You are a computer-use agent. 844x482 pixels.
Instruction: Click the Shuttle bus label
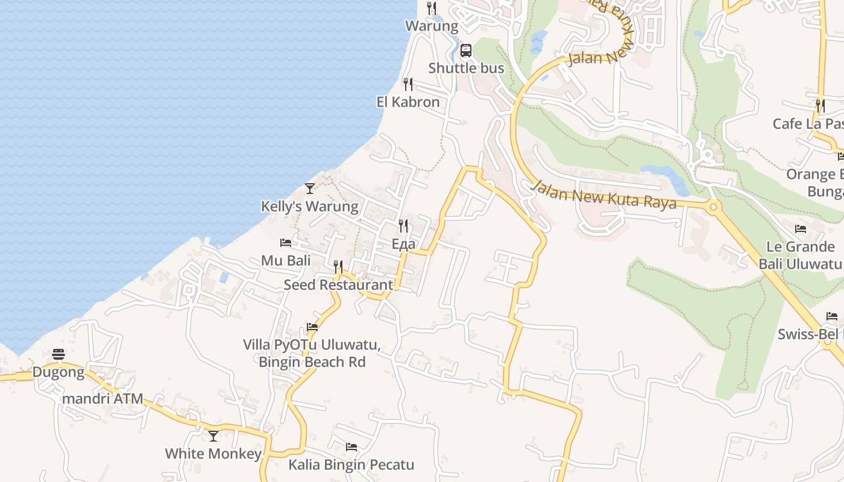coord(466,68)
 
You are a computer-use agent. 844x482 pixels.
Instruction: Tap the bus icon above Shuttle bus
coord(466,50)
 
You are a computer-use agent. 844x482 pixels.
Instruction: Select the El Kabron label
coord(408,102)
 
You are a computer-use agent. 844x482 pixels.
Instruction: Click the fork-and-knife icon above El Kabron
coord(408,84)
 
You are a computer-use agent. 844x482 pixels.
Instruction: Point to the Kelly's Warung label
coord(309,207)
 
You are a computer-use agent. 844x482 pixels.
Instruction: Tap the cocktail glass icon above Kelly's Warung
coord(310,188)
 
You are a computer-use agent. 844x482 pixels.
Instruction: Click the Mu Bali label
coord(286,261)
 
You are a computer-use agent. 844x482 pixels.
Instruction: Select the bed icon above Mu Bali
coord(286,243)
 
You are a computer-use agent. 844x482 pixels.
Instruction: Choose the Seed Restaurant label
coord(338,285)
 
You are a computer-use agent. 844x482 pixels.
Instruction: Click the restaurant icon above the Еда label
coord(403,226)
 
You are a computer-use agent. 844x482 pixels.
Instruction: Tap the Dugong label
coord(58,372)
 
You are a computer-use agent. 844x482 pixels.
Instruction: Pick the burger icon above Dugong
coord(58,354)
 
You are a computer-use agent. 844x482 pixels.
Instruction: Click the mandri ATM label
coord(102,398)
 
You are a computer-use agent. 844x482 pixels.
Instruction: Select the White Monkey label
coord(213,454)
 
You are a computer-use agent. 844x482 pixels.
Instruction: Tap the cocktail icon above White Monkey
coord(213,436)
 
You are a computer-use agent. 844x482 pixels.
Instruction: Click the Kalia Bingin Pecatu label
coord(351,465)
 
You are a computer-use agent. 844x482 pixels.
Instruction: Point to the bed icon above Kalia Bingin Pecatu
coord(351,447)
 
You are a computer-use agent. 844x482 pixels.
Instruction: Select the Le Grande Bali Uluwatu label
coord(800,255)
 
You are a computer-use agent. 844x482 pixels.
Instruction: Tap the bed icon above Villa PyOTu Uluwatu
coord(312,327)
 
